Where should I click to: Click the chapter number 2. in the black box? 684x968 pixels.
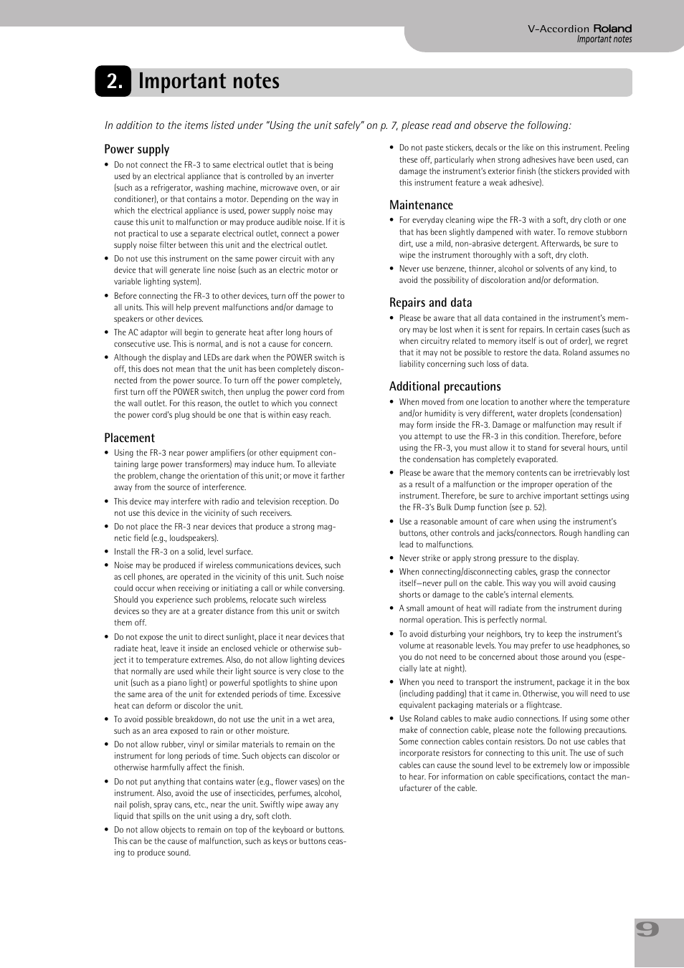click(113, 82)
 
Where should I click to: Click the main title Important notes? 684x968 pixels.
click(209, 82)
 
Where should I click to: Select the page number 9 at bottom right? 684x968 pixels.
click(647, 929)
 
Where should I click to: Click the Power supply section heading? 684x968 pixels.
click(136, 149)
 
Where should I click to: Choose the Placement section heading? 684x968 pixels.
click(129, 438)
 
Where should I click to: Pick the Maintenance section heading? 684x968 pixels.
click(421, 205)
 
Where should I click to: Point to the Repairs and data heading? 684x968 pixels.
click(430, 302)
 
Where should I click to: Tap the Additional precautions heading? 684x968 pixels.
click(445, 386)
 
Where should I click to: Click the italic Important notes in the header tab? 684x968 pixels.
click(604, 39)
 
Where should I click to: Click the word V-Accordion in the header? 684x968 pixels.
click(558, 29)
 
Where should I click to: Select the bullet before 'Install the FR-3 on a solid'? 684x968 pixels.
click(107, 552)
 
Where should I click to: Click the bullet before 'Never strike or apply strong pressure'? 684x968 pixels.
click(392, 559)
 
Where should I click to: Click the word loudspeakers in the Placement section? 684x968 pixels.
click(192, 538)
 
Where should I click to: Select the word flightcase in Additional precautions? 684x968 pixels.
click(543, 705)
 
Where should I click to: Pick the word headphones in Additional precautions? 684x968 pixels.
click(599, 646)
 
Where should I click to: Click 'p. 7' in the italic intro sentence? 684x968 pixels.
click(389, 125)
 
